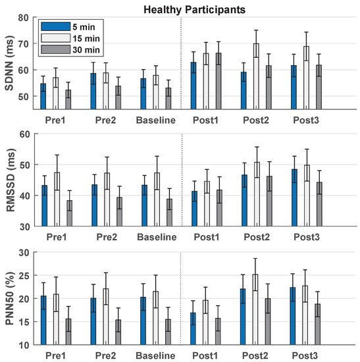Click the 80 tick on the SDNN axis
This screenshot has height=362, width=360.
point(24,16)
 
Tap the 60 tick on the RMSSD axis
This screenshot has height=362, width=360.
point(24,134)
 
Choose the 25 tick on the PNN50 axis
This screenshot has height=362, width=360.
point(24,276)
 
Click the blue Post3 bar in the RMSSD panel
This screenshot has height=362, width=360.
point(294,197)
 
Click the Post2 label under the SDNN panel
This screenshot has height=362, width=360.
point(256,120)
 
